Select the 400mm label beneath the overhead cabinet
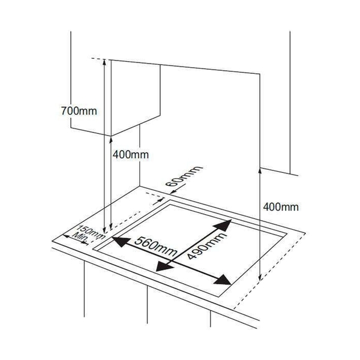[131, 154]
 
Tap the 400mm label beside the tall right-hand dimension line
[281, 207]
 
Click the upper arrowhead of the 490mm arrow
[224, 225]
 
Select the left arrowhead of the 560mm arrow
[119, 242]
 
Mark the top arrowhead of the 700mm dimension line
[104, 61]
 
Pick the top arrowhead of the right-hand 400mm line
[259, 170]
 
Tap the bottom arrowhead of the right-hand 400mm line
[259, 278]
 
